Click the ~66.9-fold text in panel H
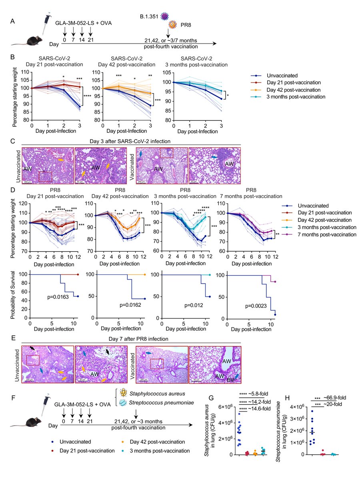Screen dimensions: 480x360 tap(335, 398)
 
